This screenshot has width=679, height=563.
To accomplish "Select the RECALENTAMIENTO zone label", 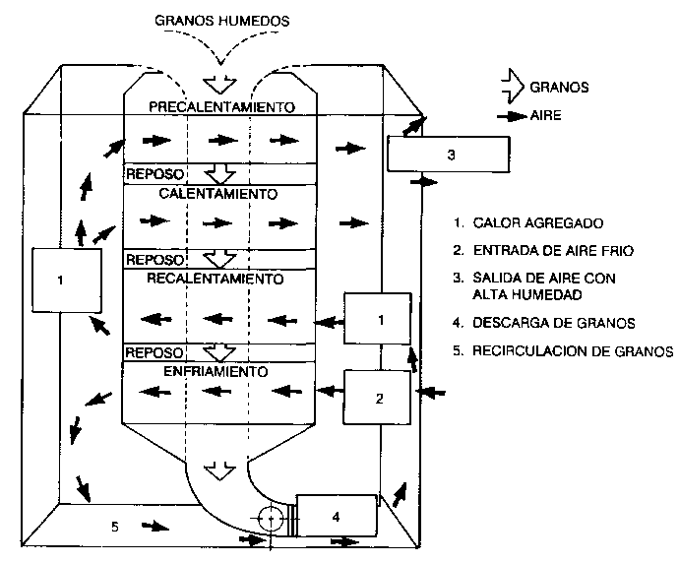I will coord(215,280).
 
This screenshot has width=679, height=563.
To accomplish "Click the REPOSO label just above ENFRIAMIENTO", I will coord(154,352).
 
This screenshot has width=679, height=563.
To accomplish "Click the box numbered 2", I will coord(377,399).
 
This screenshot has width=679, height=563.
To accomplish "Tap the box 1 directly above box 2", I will coord(377,318).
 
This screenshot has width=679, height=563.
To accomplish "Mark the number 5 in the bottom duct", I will coord(114,528).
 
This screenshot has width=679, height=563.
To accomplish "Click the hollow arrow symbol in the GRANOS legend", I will coord(510,87).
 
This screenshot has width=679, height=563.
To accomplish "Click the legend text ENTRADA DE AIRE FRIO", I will coord(550,251).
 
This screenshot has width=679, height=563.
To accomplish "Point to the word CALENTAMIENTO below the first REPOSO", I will coord(216,194).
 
